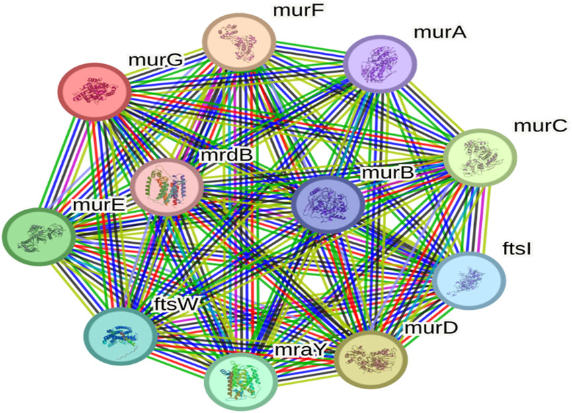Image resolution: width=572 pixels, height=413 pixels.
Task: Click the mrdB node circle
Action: tap(167, 186)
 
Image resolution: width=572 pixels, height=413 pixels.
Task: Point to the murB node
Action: tap(327, 206)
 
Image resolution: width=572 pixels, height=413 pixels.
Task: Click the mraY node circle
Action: tap(240, 382)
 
